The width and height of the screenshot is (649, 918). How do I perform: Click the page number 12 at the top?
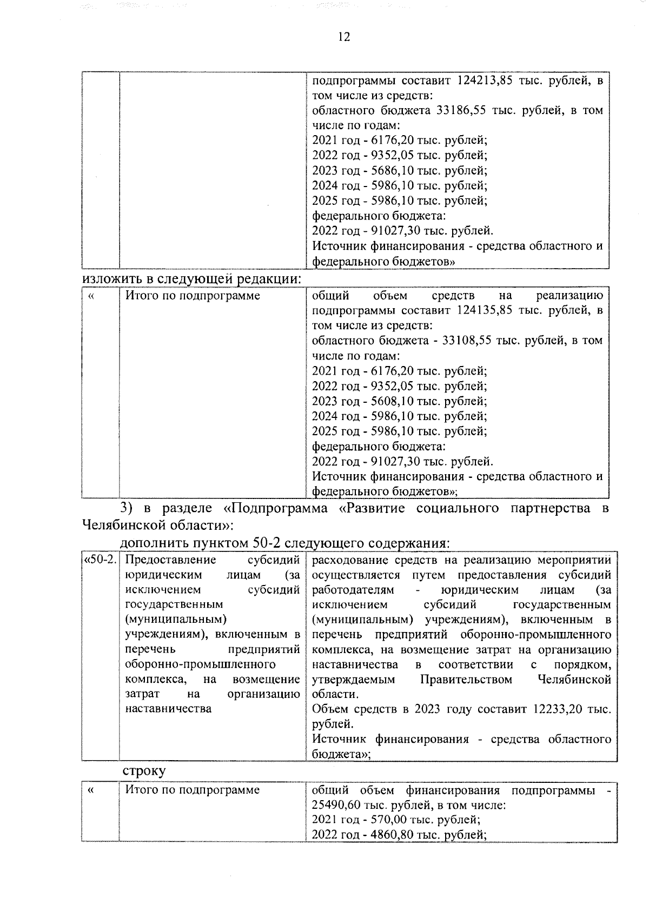(x=343, y=37)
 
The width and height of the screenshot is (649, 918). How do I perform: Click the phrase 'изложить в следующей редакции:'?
(x=191, y=279)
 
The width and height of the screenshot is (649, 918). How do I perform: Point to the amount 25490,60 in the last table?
(x=335, y=804)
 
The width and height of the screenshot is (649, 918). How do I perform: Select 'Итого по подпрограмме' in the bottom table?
(x=193, y=790)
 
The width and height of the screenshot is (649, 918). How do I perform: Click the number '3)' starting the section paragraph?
(x=125, y=508)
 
